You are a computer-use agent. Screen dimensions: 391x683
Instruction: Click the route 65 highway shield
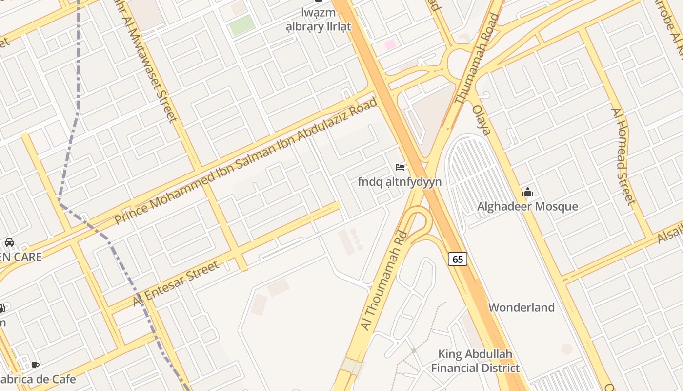pos(458,259)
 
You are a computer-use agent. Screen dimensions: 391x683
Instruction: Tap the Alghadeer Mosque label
pos(527,206)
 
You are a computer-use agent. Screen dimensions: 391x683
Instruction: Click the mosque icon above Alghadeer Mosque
pos(527,193)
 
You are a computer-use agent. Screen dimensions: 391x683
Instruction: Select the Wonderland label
pos(522,307)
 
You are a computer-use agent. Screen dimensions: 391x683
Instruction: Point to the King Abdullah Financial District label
pos(475,361)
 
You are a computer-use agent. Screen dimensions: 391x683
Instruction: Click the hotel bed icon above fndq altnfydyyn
pos(400,167)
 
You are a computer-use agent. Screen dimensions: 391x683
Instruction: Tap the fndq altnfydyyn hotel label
pos(400,182)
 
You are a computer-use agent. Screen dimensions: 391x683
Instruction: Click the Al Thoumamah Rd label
pos(383,287)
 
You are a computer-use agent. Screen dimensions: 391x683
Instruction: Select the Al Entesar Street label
pos(176,284)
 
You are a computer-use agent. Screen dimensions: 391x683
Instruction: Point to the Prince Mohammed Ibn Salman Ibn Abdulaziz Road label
pos(246,161)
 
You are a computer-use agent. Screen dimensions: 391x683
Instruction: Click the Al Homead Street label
pos(623,156)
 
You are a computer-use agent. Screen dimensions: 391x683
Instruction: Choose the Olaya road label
pos(482,120)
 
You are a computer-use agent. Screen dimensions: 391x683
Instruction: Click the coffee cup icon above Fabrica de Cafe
pos(35,365)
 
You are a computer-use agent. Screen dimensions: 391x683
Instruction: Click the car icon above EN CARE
pos(9,242)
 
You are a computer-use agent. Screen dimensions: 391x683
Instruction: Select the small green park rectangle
pos(242,25)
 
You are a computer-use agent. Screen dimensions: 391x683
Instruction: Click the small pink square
pos(390,45)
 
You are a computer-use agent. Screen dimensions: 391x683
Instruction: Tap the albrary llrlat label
pos(318,26)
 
